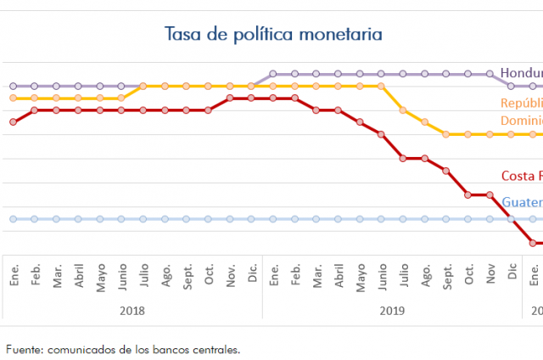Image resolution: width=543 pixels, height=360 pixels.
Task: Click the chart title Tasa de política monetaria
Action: pos(273,34)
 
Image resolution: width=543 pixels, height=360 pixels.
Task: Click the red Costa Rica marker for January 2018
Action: pos(13,122)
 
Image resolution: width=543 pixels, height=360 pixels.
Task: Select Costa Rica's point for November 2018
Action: pos(230,98)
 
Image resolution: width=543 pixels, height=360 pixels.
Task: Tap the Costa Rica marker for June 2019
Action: pos(381,134)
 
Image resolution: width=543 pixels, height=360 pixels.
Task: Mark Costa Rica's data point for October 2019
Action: pos(467,194)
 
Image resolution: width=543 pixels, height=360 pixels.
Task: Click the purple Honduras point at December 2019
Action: pos(511,86)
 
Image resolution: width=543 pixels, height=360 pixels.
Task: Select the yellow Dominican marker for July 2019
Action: pos(403,110)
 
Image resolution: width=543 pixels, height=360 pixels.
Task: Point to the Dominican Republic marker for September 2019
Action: pos(446,134)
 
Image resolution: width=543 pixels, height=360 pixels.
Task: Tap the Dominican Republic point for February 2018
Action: pos(35,98)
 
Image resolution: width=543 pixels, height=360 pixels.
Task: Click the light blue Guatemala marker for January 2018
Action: pos(13,219)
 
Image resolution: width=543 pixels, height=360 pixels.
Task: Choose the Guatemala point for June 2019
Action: pos(381,219)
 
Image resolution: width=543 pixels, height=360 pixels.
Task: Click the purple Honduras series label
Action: pos(520,73)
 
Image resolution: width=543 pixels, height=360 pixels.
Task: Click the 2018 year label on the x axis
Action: pos(132,311)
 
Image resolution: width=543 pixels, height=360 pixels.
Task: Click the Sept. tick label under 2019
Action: pos(446,277)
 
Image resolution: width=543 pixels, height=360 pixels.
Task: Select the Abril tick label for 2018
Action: pos(78,277)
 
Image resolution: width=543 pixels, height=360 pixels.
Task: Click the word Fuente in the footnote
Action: pos(24,349)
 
